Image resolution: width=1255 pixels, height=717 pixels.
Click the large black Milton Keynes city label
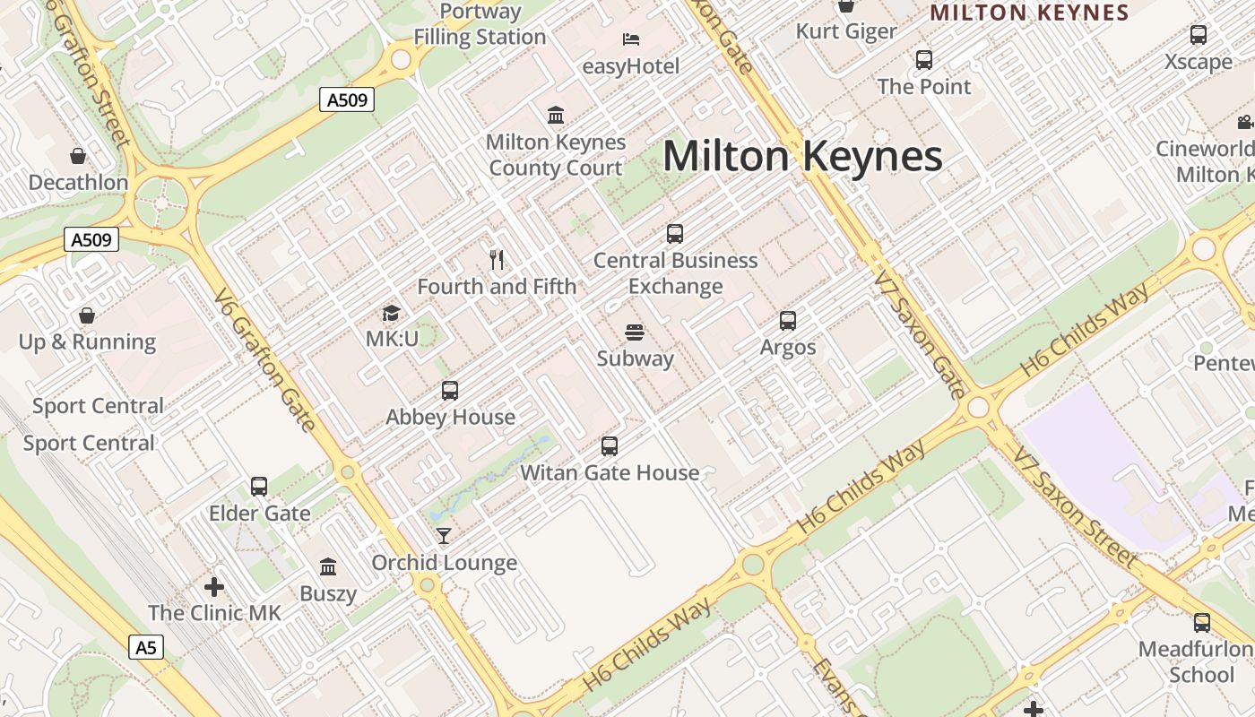pyautogui.click(x=802, y=157)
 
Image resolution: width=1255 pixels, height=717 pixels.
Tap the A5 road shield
pyautogui.click(x=146, y=647)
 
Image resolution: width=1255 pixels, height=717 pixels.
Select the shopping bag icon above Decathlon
pyautogui.click(x=78, y=156)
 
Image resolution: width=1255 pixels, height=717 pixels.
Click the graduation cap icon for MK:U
pyautogui.click(x=391, y=313)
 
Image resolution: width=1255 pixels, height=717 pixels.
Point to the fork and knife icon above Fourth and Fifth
pyautogui.click(x=497, y=260)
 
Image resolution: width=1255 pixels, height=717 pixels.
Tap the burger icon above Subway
pyautogui.click(x=635, y=333)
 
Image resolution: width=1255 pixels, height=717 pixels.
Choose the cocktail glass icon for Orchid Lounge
pyautogui.click(x=444, y=536)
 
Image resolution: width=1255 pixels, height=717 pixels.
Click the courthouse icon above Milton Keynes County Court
pyautogui.click(x=556, y=116)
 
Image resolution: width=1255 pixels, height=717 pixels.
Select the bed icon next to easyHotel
pyautogui.click(x=631, y=39)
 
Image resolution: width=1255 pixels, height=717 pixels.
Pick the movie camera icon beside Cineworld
pyautogui.click(x=1244, y=123)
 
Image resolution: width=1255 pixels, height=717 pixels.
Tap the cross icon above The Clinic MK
pyautogui.click(x=214, y=587)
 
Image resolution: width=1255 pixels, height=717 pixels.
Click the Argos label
pyautogui.click(x=788, y=348)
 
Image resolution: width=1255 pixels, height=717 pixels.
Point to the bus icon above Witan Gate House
pyautogui.click(x=610, y=446)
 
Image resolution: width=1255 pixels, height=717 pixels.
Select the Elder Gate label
pyautogui.click(x=259, y=514)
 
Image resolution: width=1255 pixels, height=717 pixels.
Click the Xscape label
pyautogui.click(x=1199, y=62)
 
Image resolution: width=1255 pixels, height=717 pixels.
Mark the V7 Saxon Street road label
pyautogui.click(x=1075, y=506)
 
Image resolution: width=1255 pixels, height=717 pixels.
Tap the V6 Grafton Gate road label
pyautogui.click(x=265, y=359)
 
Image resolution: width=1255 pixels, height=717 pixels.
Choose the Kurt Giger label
pyautogui.click(x=846, y=31)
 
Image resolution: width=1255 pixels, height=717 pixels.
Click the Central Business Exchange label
pyautogui.click(x=676, y=273)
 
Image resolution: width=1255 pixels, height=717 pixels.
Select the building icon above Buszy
pyautogui.click(x=328, y=567)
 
